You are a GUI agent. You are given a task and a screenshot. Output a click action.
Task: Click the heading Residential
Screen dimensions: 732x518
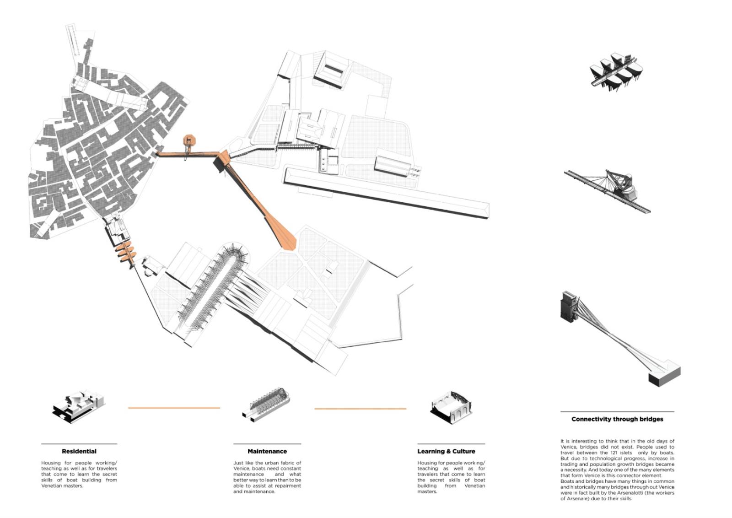pos(79,451)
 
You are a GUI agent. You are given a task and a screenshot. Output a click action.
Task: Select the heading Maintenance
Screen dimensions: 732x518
pos(267,451)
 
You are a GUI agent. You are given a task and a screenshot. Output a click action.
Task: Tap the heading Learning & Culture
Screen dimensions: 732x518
pos(446,451)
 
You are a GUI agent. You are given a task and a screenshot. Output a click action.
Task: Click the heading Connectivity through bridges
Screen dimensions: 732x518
pos(617,419)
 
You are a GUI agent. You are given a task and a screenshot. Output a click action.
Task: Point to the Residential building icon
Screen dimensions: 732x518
pos(79,406)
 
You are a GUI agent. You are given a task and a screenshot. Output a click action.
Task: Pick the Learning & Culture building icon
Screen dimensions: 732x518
pos(451,408)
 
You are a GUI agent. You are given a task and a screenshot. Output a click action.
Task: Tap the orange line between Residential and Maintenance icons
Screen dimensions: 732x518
pos(174,408)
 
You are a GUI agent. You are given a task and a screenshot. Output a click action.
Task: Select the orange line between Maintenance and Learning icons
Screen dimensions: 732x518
pos(360,409)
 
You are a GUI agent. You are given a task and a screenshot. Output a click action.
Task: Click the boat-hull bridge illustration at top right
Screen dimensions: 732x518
pos(616,73)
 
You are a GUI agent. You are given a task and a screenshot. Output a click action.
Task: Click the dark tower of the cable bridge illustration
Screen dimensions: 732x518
pos(569,306)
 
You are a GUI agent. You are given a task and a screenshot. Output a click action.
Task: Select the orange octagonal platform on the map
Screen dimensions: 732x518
pos(189,141)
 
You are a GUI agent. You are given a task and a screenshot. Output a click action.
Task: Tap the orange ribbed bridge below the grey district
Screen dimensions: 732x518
pos(125,253)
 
